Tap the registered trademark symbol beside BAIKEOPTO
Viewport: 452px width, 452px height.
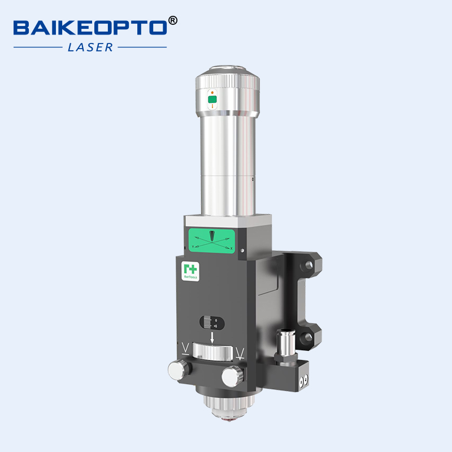(173, 20)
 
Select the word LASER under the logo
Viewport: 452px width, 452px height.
(90, 47)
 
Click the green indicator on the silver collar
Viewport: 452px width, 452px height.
(212, 100)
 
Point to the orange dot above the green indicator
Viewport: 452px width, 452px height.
(212, 92)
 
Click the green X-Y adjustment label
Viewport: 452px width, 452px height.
(211, 241)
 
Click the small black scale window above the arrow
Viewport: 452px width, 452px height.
(212, 323)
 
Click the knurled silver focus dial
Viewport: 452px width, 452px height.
(212, 352)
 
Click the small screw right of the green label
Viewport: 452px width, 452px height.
(242, 250)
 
